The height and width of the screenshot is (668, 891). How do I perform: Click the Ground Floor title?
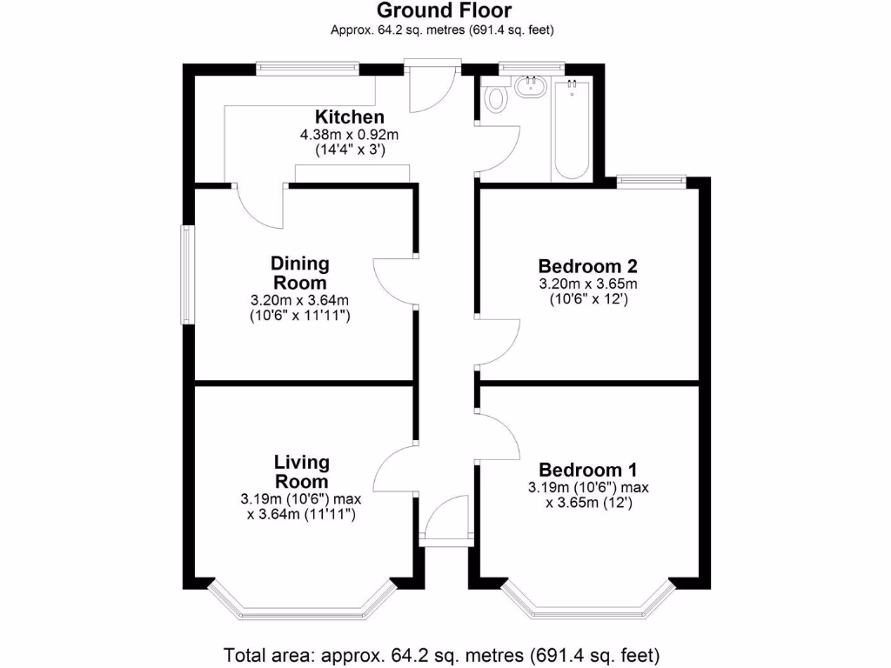(443, 11)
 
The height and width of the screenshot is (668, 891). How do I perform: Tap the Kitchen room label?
(349, 117)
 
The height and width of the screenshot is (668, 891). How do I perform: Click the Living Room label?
(301, 471)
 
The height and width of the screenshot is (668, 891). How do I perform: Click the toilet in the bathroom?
(496, 97)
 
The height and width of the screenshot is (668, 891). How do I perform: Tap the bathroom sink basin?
(530, 86)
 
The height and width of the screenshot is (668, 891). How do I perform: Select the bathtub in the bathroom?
(572, 129)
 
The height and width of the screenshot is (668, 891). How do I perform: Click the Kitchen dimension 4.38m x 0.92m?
(349, 135)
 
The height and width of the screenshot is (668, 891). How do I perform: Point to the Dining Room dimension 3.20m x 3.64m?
(300, 301)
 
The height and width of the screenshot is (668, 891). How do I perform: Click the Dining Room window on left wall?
(187, 274)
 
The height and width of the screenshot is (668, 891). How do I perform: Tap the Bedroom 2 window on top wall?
(652, 181)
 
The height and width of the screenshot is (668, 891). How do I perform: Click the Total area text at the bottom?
(442, 654)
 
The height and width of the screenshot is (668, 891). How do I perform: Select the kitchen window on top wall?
(308, 68)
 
